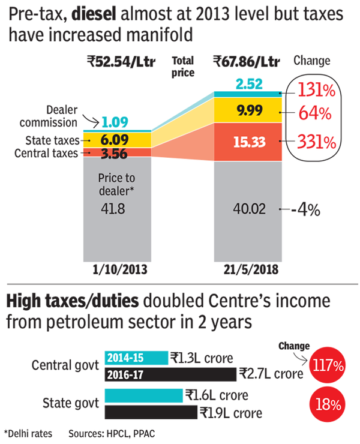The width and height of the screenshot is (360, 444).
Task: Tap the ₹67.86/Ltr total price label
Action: tap(247, 62)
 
